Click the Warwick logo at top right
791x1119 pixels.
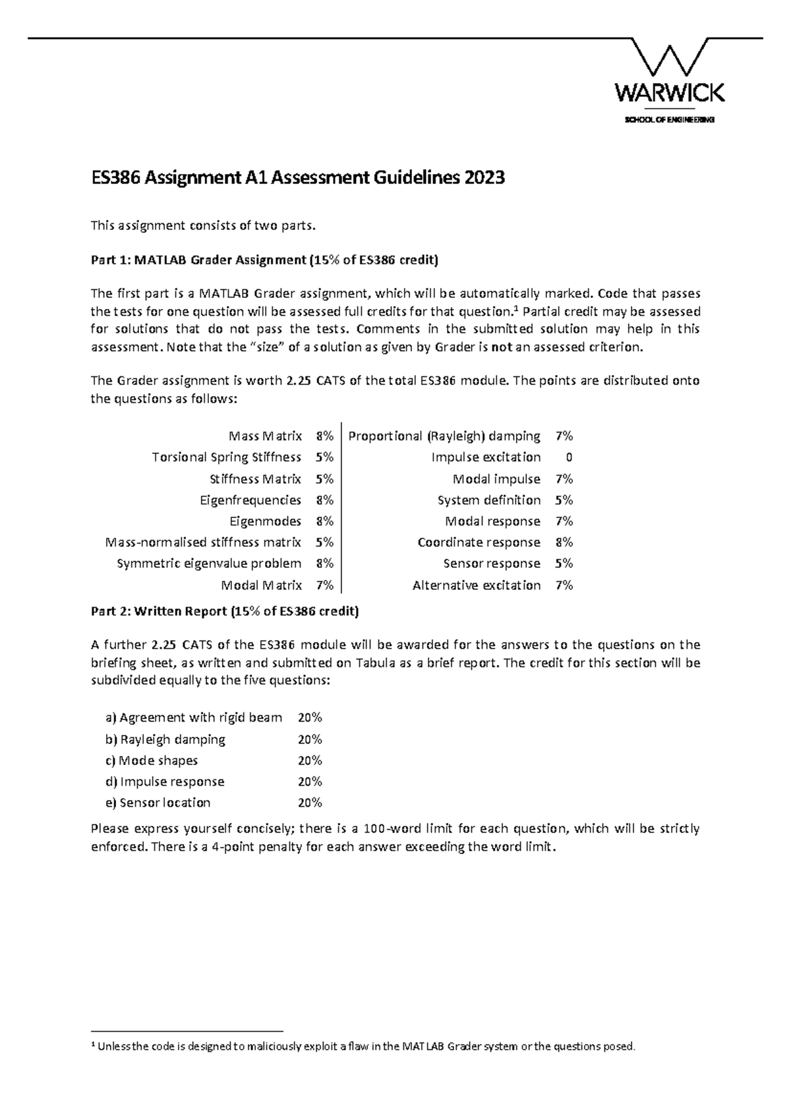[x=669, y=72]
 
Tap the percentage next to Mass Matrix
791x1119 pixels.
[x=324, y=436]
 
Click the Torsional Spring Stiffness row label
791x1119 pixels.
[x=226, y=457]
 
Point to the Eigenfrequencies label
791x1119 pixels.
[x=250, y=500]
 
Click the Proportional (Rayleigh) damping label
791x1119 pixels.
[x=444, y=436]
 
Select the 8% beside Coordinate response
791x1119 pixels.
[x=564, y=542]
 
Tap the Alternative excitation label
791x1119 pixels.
[x=476, y=585]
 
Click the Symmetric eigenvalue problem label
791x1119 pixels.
[x=209, y=563]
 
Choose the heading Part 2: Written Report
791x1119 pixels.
[x=224, y=611]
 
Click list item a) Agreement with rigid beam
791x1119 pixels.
[x=194, y=717]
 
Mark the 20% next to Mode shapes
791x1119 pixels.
[x=310, y=760]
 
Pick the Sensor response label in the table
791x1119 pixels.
[x=492, y=563]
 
